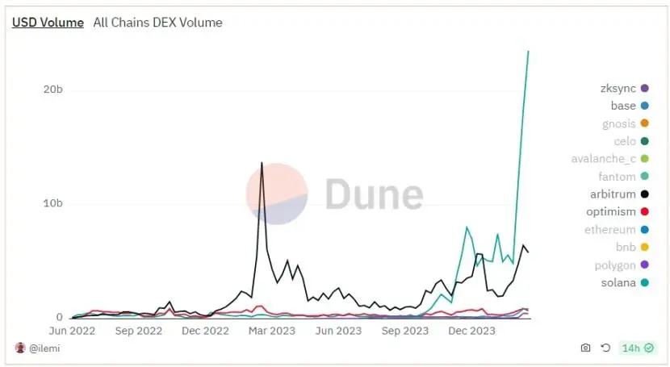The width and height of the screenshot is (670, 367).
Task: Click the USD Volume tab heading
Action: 48,23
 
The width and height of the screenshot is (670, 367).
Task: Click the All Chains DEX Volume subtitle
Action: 157,23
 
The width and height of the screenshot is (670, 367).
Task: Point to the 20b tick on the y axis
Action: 53,90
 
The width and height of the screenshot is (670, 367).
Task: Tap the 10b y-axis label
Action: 53,203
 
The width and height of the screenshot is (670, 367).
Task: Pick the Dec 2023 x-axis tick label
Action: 471,330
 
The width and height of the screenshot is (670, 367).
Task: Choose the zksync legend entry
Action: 618,88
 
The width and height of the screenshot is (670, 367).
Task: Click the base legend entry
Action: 623,106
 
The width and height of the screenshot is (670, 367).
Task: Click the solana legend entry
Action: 619,283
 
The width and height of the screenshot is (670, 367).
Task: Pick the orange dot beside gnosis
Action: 644,123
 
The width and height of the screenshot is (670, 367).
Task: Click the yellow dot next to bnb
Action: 644,248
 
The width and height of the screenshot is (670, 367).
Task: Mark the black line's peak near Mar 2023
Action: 262,163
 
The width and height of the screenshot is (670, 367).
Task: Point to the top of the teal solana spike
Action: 528,52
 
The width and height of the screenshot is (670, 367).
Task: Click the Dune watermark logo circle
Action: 277,194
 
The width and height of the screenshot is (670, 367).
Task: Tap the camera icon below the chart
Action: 585,348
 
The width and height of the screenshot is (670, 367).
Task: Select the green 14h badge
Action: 636,348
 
